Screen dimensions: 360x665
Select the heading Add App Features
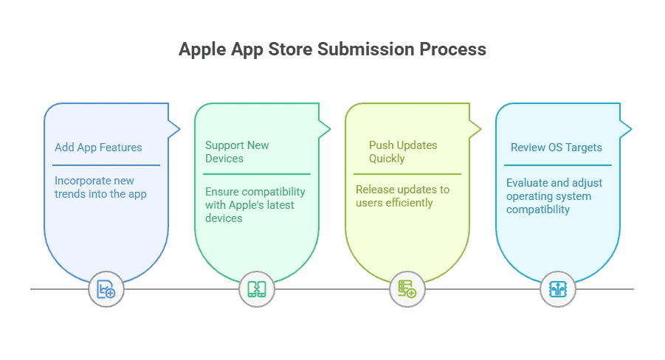click(98, 148)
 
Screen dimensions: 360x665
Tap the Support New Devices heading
click(237, 152)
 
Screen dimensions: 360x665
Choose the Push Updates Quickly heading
click(403, 152)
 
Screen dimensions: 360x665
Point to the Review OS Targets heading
click(557, 148)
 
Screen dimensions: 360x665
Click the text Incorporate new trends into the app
click(100, 187)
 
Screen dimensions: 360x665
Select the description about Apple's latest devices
click(255, 204)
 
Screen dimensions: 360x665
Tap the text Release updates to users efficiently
click(402, 196)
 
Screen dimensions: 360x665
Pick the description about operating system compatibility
click(554, 196)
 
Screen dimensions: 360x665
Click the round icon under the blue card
click(106, 289)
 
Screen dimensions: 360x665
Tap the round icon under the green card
click(257, 289)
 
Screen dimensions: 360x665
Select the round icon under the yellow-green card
click(407, 289)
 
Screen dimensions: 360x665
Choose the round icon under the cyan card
click(557, 289)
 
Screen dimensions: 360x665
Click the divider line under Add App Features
click(106, 165)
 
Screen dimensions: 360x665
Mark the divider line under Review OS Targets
click(558, 165)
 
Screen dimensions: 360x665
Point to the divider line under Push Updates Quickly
click(407, 174)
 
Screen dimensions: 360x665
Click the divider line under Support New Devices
click(257, 174)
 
